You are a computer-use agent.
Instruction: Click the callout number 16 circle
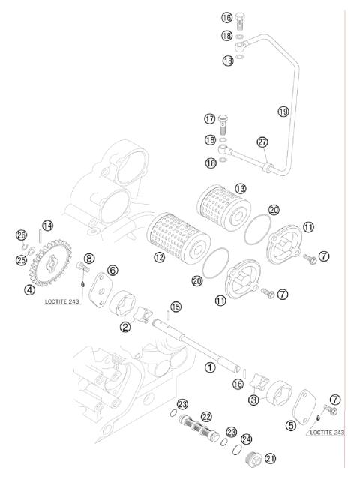pyautogui.click(x=226, y=17)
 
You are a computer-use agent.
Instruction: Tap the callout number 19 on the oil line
pyautogui.click(x=283, y=112)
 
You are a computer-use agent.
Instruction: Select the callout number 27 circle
pyautogui.click(x=262, y=143)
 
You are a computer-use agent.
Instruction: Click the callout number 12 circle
pyautogui.click(x=159, y=257)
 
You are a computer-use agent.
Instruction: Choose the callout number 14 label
pyautogui.click(x=47, y=226)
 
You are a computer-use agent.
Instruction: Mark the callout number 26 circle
pyautogui.click(x=21, y=235)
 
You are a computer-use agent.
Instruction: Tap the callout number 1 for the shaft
pyautogui.click(x=211, y=367)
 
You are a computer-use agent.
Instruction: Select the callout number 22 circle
pyautogui.click(x=206, y=416)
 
